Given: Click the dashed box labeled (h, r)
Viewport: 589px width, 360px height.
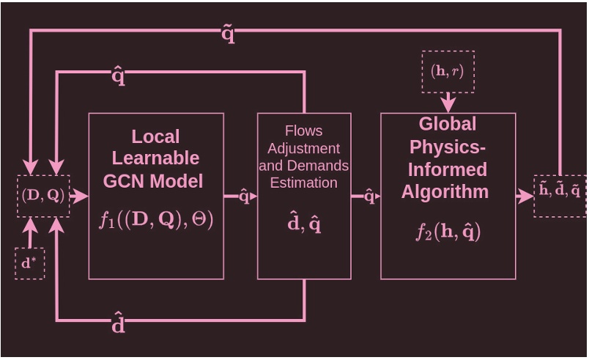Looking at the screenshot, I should point(448,71).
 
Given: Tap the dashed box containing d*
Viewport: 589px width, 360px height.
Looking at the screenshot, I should point(29,263).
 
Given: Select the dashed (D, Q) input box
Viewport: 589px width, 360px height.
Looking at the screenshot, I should point(43,196).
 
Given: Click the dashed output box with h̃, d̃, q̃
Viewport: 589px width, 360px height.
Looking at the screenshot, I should point(560,196).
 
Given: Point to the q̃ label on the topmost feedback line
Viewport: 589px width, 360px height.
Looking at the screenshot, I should point(228,34).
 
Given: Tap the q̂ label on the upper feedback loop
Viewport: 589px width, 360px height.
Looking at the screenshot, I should point(118,76).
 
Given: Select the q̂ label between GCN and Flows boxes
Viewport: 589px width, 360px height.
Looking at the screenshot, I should point(244,196).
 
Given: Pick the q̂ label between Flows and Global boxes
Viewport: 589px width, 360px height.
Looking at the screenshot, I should point(369,196).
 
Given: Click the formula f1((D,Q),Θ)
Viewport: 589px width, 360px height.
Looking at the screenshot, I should point(156,220).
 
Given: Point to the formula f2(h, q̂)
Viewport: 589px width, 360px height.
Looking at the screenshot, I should point(448,232).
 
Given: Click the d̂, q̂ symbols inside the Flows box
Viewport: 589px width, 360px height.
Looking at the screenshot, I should point(304,224).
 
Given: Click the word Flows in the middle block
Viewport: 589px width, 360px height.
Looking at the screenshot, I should point(303,131).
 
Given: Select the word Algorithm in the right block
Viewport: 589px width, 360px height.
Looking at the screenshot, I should point(445,192).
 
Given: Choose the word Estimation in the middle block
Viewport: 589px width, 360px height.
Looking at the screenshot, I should point(303,183).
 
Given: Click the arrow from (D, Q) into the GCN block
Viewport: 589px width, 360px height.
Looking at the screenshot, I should point(78,196).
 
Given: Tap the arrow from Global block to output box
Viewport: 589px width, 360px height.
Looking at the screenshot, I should point(524,196).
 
